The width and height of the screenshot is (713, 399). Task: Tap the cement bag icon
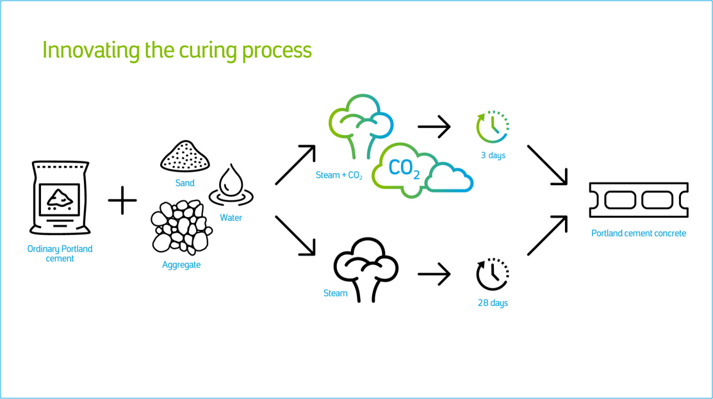pyautogui.click(x=60, y=198)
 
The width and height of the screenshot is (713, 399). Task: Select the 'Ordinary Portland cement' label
pyautogui.click(x=60, y=254)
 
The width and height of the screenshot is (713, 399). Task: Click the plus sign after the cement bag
pyautogui.click(x=122, y=200)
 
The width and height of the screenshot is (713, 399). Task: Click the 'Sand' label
pyautogui.click(x=185, y=183)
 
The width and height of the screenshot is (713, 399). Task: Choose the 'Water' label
pyautogui.click(x=231, y=218)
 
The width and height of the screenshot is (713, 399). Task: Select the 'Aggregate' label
pyautogui.click(x=181, y=265)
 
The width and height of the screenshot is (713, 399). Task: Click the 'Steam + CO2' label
pyautogui.click(x=340, y=175)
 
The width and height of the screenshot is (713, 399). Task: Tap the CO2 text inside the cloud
pyautogui.click(x=404, y=168)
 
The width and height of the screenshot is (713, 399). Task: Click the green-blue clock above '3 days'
pyautogui.click(x=493, y=127)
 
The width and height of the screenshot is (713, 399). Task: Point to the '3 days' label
pyautogui.click(x=493, y=156)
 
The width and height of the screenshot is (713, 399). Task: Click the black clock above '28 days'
pyautogui.click(x=493, y=275)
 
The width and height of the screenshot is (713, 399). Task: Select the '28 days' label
pyautogui.click(x=493, y=303)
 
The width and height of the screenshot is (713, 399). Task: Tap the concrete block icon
pyautogui.click(x=639, y=200)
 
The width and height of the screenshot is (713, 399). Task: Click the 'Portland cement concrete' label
pyautogui.click(x=639, y=234)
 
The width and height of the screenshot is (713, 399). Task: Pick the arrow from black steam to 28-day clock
pyautogui.click(x=434, y=275)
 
